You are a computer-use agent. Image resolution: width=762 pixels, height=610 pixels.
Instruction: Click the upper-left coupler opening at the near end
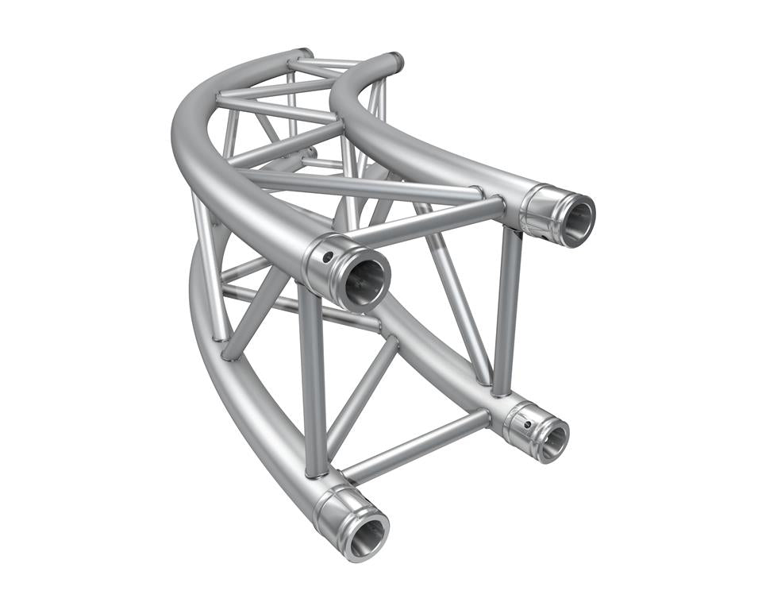click(x=364, y=278)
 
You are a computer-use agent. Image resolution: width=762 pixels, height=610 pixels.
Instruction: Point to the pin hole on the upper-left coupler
click(x=326, y=257)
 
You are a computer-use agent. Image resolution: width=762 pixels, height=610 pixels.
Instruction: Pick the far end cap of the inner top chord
click(x=391, y=60)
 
